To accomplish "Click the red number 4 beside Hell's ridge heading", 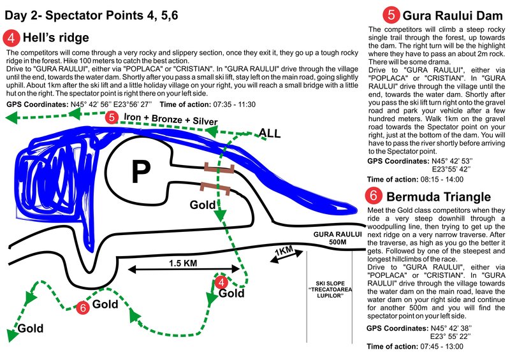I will tap(11, 37).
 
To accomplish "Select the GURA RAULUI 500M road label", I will tap(332, 239).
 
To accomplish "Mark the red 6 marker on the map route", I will tap(82, 308).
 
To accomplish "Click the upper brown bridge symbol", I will tap(219, 168).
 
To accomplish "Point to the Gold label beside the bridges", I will tap(203, 205).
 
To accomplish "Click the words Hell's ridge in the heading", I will tap(55, 37).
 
